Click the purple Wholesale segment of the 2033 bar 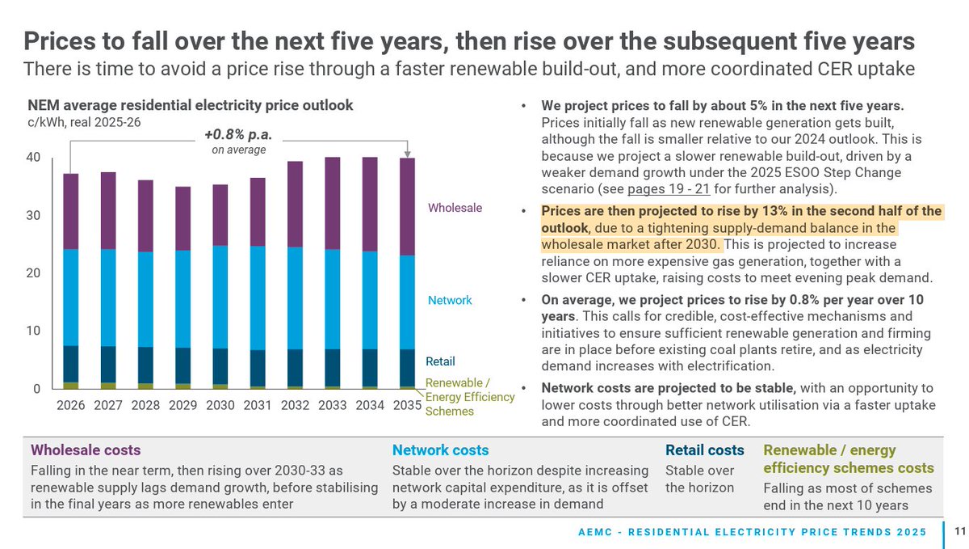pyautogui.click(x=333, y=203)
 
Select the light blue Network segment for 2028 pyautogui.click(x=145, y=299)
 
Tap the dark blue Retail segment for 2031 pyautogui.click(x=258, y=368)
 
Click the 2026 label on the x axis pyautogui.click(x=71, y=405)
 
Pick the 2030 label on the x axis pyautogui.click(x=220, y=405)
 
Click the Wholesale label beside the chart pyautogui.click(x=455, y=208)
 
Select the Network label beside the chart pyautogui.click(x=450, y=300)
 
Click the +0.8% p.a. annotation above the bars pyautogui.click(x=233, y=134)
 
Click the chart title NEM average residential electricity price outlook pyautogui.click(x=191, y=105)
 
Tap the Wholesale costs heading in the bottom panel pyautogui.click(x=86, y=450)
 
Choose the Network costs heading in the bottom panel pyautogui.click(x=440, y=450)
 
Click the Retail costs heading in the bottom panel pyautogui.click(x=704, y=450)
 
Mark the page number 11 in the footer pyautogui.click(x=959, y=532)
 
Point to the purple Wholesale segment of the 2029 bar pyautogui.click(x=183, y=218)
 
